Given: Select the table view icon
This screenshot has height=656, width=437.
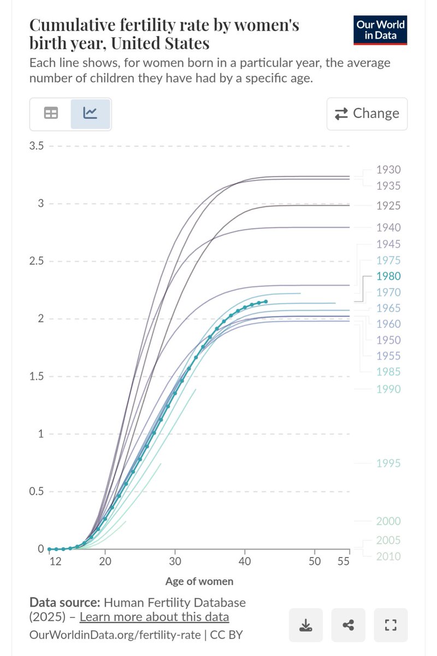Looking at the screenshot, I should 51,113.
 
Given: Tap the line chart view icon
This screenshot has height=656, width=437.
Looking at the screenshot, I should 90,113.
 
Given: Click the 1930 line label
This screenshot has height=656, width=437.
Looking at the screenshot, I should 388,170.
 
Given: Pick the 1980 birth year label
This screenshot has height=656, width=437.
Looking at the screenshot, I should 388,277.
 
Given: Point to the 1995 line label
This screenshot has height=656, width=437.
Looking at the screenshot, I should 388,464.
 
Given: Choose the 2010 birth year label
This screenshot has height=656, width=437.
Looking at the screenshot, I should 388,557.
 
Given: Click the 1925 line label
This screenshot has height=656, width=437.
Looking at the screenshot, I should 388,206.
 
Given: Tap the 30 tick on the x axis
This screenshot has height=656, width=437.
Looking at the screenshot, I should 175,562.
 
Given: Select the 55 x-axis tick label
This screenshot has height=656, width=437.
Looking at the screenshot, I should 343,562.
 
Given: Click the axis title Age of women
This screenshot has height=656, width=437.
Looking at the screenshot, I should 199,582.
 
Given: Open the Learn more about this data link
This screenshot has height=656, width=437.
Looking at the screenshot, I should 154,617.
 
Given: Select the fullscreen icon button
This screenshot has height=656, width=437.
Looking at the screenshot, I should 391,624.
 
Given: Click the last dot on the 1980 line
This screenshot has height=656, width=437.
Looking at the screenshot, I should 265,302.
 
